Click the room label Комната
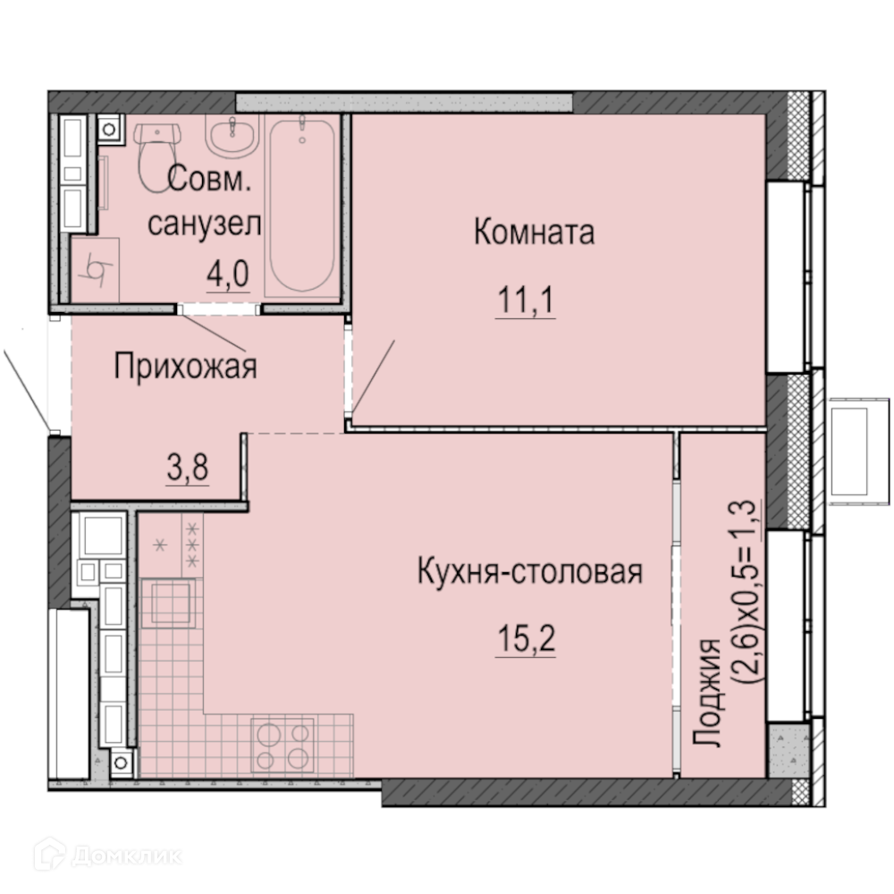point(535,232)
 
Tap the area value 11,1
point(526,299)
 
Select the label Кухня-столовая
point(530,572)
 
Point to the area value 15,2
point(526,638)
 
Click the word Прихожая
point(185,366)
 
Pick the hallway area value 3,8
point(188,468)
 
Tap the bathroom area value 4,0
point(227,274)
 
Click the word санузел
point(205,223)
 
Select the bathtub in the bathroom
point(302,206)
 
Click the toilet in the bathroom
point(156,156)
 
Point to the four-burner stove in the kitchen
point(283,744)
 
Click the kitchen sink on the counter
point(169,603)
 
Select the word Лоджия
point(707,692)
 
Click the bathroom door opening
point(218,309)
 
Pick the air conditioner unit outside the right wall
point(857,451)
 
